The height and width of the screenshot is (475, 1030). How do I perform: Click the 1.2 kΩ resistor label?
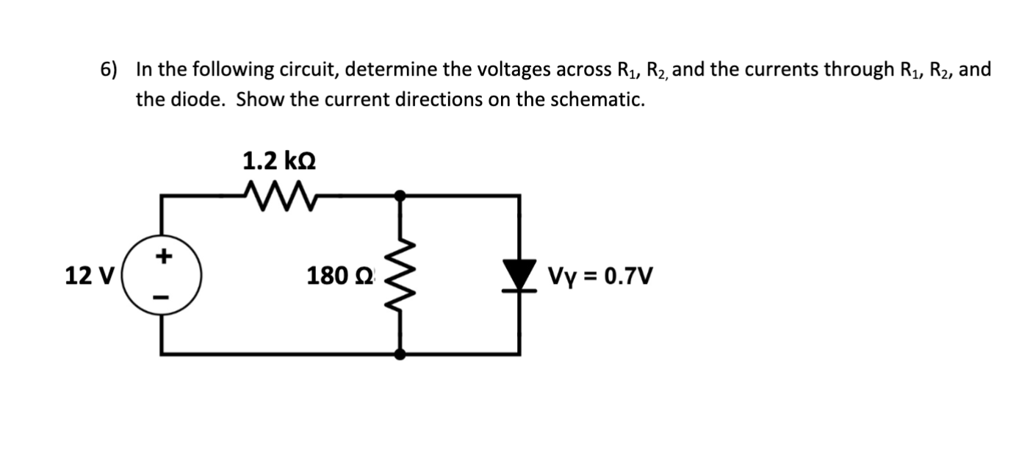279,160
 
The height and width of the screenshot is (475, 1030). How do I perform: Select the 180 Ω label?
340,276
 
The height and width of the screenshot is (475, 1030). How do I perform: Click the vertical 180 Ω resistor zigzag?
400,276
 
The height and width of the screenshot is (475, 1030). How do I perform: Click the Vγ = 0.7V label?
599,276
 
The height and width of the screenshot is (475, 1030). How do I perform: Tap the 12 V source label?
89,276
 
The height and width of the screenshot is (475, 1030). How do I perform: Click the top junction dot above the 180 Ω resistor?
400,196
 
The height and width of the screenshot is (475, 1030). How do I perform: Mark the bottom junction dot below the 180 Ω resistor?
400,354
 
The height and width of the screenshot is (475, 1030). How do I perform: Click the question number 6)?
109,70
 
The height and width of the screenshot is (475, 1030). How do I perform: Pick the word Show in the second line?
259,100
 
